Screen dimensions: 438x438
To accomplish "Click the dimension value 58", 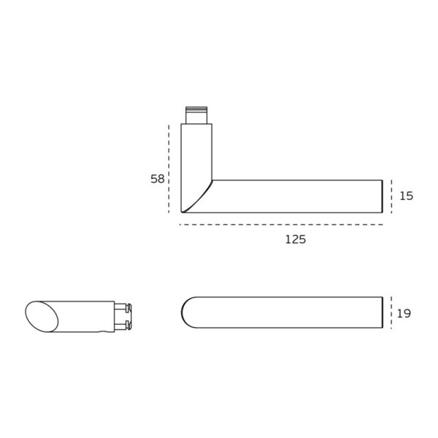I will tap(158, 179).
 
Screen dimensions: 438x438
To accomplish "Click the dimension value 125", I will tap(295, 239).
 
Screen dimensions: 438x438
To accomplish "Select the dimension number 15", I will tap(407, 196).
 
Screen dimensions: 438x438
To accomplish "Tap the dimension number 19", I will tap(404, 313).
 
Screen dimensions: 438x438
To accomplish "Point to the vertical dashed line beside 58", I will tap(169, 168).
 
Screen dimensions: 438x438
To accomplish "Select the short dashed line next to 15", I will tap(392, 196).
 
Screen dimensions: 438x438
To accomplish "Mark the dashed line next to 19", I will tap(392, 312).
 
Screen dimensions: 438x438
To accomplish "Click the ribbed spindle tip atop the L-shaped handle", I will tap(196, 115).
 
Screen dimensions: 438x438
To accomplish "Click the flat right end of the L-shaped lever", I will tap(383, 196).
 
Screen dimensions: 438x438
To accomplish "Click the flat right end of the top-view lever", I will tap(383, 312).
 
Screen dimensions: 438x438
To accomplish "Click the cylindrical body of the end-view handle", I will tap(84, 316).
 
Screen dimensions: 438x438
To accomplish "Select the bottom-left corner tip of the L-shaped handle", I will tap(182, 212).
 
